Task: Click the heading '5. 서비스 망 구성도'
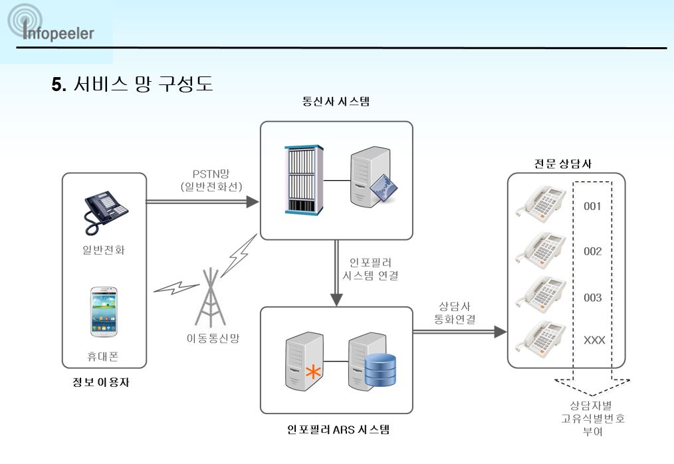pyautogui.click(x=132, y=83)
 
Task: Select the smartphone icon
pyautogui.click(x=104, y=312)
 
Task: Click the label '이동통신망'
pyautogui.click(x=213, y=338)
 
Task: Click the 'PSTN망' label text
pyautogui.click(x=211, y=174)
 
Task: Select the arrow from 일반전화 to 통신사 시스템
pyautogui.click(x=203, y=201)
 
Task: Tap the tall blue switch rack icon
pyautogui.click(x=304, y=179)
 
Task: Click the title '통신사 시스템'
pyautogui.click(x=336, y=102)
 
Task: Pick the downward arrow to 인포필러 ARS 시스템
pyautogui.click(x=336, y=273)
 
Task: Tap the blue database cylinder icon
pyautogui.click(x=380, y=370)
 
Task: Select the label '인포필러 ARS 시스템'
pyautogui.click(x=338, y=429)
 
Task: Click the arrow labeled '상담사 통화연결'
pyautogui.click(x=460, y=332)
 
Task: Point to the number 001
pyautogui.click(x=592, y=207)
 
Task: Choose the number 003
pyautogui.click(x=592, y=298)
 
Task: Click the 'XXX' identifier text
pyautogui.click(x=594, y=340)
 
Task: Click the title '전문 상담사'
pyautogui.click(x=563, y=164)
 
